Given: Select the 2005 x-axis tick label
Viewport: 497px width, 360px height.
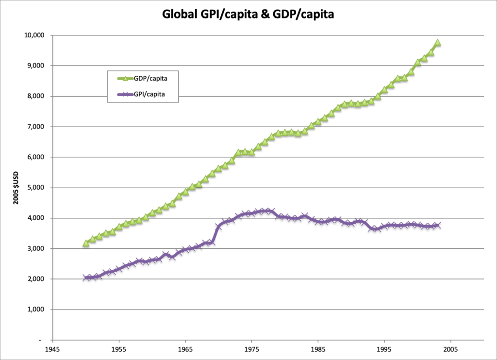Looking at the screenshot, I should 450,349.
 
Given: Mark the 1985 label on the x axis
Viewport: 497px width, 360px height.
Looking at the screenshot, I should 318,349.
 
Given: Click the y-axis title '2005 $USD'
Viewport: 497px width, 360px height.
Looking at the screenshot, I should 16,188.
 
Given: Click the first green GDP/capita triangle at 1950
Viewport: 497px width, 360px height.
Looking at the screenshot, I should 86,243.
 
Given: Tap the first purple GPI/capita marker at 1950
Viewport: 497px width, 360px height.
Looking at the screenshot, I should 86,278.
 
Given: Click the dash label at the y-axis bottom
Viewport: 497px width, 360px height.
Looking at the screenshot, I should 43,340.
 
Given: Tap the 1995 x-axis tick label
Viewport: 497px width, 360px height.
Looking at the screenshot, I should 384,349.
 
